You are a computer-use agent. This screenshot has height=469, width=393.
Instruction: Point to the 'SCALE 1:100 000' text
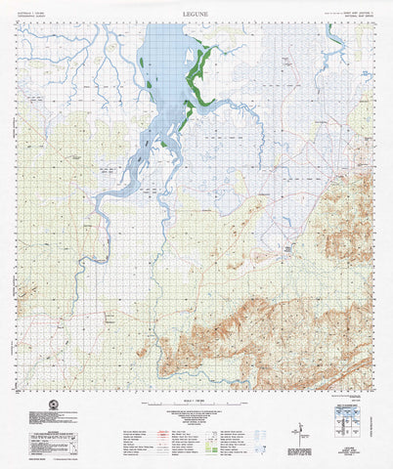coord(196,401)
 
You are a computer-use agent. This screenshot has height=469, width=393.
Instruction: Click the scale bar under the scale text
coord(196,407)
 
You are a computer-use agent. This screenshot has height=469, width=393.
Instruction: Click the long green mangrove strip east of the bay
coord(198,78)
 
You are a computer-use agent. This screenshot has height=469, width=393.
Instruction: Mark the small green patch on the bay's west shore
coord(142,64)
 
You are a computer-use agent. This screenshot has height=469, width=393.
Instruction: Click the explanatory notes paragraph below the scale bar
coord(196,420)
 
